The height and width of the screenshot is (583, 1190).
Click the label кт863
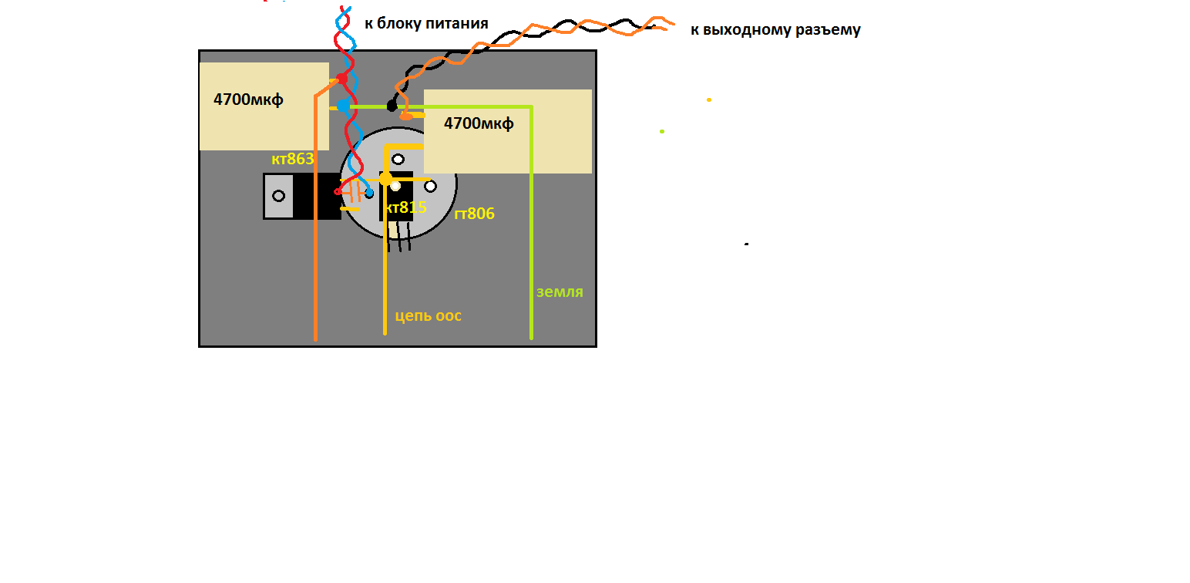293,159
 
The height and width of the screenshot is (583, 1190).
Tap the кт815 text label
406,207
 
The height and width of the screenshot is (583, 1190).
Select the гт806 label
475,214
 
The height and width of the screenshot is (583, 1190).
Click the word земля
560,291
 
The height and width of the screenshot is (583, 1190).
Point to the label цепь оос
429,316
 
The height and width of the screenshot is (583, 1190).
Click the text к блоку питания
426,23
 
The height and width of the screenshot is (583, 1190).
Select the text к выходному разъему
775,30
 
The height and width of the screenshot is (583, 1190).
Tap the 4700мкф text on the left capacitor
248,99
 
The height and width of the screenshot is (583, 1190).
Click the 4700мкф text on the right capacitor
479,123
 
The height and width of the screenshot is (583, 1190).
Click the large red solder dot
342,79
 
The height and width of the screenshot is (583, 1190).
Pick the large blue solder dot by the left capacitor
343,106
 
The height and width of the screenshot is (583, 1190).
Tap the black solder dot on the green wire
392,106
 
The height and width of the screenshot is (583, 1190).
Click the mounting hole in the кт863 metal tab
278,196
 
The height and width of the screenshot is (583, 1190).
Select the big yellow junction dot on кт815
385,179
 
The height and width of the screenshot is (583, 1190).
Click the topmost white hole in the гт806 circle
398,160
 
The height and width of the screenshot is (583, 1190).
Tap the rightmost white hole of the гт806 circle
430,187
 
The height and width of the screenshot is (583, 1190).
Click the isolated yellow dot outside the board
709,100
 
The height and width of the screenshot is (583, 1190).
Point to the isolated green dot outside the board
662,131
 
